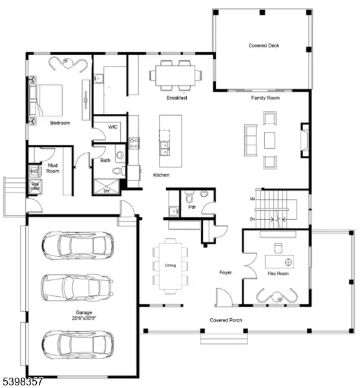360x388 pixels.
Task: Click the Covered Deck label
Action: tap(264, 46)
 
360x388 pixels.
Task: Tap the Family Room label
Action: tap(265, 98)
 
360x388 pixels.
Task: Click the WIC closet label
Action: tap(112, 127)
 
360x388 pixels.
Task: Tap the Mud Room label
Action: tap(54, 169)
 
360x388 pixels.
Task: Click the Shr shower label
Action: tap(106, 191)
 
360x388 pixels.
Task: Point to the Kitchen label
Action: tap(162, 176)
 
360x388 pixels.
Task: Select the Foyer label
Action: tap(226, 273)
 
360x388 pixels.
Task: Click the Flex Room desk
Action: tap(280, 261)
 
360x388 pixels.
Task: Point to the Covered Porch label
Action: tap(226, 320)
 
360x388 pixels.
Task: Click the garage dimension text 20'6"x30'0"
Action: tap(83, 318)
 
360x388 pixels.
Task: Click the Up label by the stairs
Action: tap(251, 199)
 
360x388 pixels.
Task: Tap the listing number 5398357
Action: tap(23, 382)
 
